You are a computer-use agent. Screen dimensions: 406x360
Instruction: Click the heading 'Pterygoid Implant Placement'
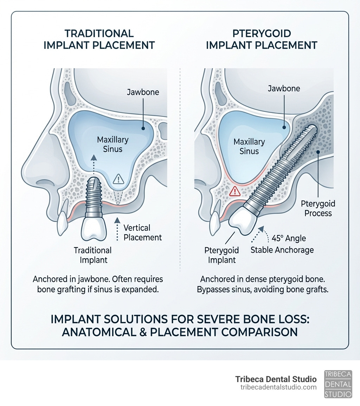click(262, 39)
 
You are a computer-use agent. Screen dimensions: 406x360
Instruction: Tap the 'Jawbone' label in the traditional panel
click(143, 93)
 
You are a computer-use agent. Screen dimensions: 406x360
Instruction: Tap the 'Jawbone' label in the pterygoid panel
click(284, 88)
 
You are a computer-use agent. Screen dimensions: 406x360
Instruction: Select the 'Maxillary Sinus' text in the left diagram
click(113, 144)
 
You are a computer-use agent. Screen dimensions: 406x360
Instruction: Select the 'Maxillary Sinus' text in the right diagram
click(249, 146)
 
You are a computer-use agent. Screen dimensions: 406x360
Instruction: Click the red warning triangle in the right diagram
click(234, 191)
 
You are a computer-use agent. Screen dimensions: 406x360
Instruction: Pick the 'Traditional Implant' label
click(93, 255)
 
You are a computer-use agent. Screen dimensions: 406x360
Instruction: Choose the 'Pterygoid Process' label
click(318, 208)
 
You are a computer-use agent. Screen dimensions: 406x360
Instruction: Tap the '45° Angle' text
click(289, 239)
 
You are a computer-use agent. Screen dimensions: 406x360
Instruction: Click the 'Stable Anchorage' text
click(282, 250)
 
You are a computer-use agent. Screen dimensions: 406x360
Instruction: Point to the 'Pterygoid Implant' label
click(221, 255)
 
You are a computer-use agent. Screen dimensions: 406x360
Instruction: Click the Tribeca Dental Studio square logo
click(337, 384)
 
